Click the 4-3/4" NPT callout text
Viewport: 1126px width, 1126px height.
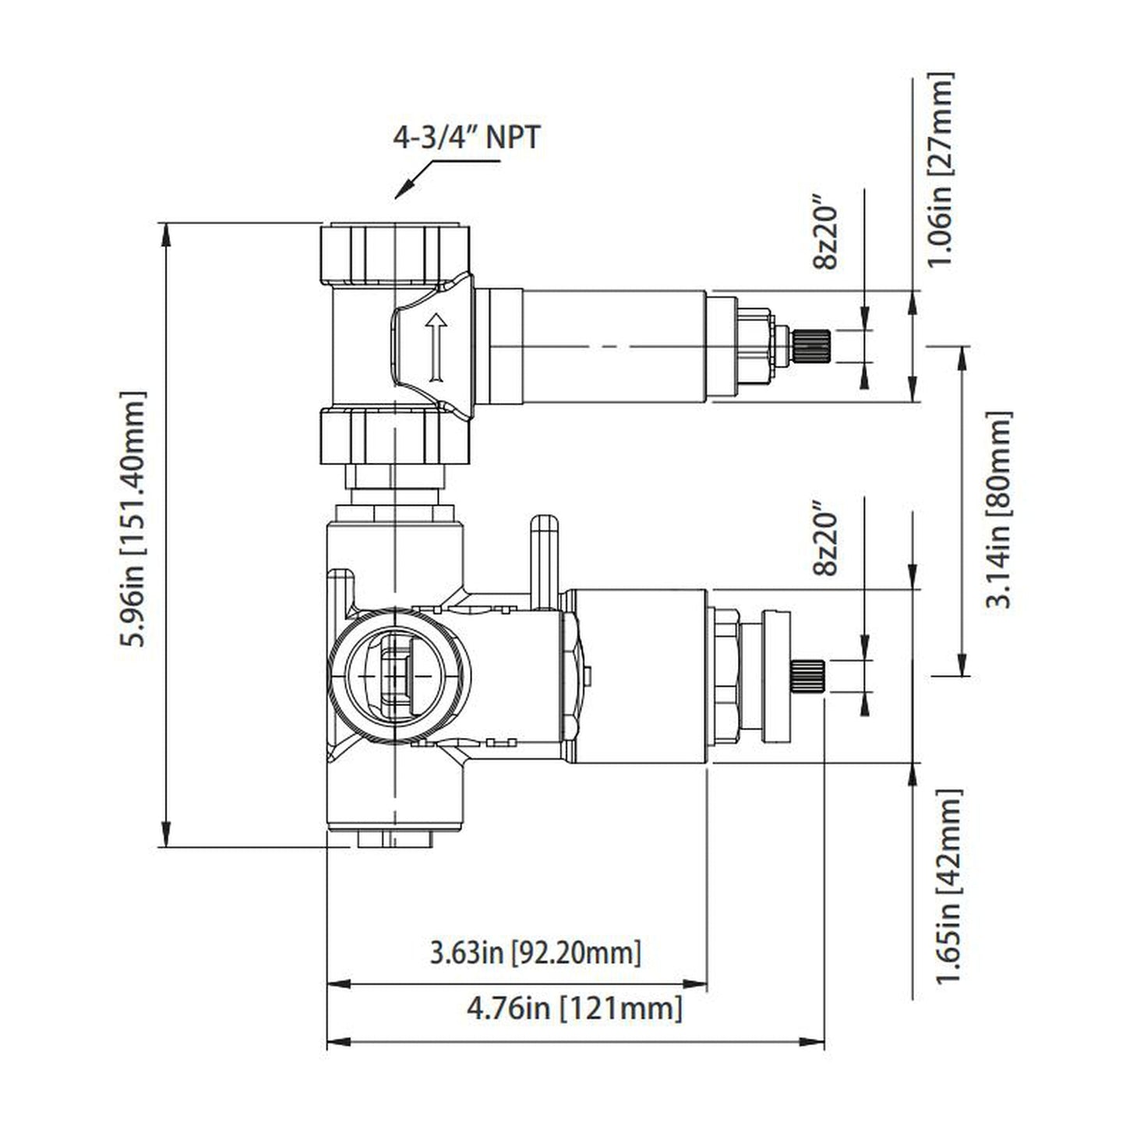pos(465,139)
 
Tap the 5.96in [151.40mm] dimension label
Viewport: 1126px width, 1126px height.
pos(133,520)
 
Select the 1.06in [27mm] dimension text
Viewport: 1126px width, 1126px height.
pos(941,170)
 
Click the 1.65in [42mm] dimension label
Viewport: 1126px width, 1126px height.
pos(950,886)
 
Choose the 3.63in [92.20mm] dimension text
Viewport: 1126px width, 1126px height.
pos(535,952)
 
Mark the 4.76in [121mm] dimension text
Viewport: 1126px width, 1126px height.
pos(574,1008)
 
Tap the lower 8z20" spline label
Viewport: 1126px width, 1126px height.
pos(824,543)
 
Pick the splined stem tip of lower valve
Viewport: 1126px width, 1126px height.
pos(807,675)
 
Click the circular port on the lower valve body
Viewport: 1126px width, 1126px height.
pos(396,675)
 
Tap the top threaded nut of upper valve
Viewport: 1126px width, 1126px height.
pos(396,252)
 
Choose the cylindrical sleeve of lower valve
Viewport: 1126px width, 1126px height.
pos(639,675)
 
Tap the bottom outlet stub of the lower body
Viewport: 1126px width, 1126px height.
pos(396,839)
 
